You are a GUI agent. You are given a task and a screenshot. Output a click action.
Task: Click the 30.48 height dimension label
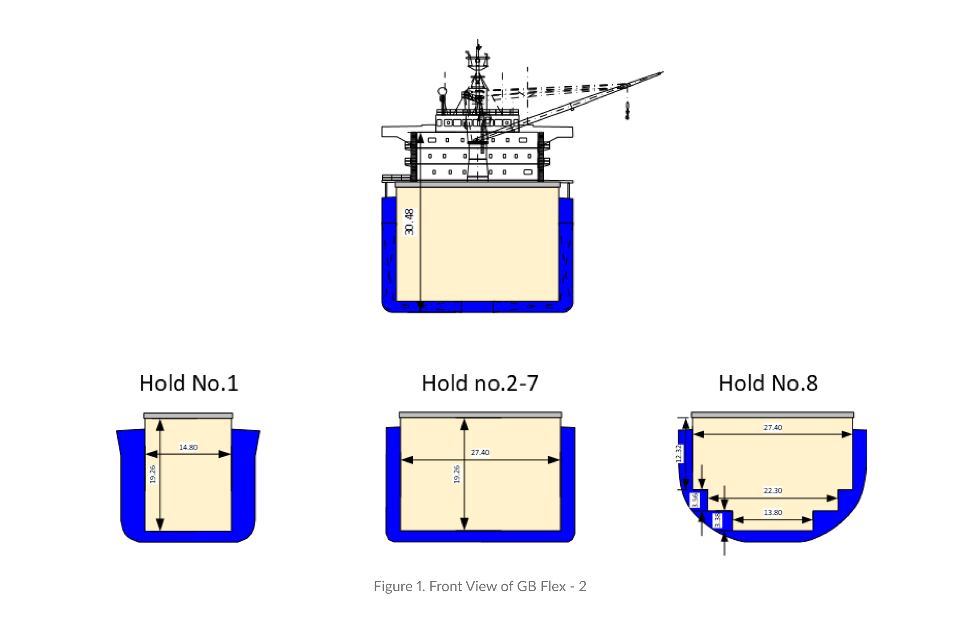[409, 222]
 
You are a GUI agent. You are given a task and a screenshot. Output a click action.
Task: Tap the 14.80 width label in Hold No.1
[188, 447]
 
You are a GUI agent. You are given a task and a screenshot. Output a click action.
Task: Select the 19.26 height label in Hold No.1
[153, 474]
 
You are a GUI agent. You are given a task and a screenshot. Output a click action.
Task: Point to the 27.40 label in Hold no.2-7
[480, 452]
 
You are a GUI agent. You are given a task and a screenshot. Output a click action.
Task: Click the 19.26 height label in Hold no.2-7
[457, 474]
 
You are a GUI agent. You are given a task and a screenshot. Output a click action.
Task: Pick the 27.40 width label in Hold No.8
[773, 427]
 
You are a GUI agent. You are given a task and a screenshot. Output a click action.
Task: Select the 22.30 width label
[773, 491]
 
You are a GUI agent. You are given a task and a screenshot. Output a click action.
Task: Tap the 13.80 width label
[773, 512]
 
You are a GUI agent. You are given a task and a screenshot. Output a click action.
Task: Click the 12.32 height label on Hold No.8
[679, 454]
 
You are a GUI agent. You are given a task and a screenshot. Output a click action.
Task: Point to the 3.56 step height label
[695, 500]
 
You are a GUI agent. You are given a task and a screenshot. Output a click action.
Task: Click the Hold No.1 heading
[189, 383]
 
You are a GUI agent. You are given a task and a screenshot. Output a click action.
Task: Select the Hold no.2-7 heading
[480, 383]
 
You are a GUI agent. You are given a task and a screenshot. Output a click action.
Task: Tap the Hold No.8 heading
[768, 383]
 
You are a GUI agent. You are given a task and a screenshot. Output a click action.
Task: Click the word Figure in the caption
[393, 586]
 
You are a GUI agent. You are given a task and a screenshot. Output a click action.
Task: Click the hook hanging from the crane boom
[628, 111]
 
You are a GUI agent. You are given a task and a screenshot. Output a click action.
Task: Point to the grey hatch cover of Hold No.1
[188, 415]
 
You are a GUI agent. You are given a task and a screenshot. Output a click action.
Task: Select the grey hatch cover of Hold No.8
[773, 414]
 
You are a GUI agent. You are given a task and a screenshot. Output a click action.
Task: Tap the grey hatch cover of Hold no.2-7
[480, 414]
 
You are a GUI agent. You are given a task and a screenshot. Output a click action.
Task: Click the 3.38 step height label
[717, 520]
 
